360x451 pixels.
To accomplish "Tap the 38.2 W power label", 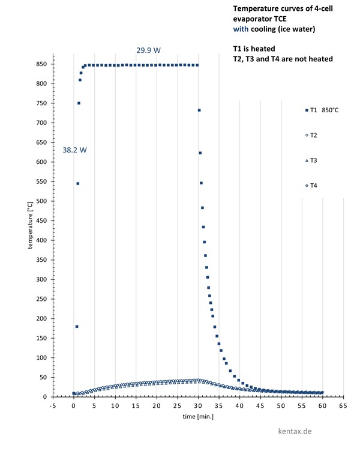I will click(75, 150).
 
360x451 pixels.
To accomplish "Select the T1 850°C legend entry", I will click(322, 110).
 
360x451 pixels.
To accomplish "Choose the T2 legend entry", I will click(311, 135).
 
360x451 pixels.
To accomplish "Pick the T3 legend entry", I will click(311, 160).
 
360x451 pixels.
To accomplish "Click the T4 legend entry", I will click(311, 186).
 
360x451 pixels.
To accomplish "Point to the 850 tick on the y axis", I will click(42, 64).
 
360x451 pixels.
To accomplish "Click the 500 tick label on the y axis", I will click(42, 201).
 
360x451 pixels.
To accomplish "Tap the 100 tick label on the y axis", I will click(42, 358).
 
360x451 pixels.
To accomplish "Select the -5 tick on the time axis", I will click(53, 406).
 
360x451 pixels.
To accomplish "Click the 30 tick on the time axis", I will click(198, 406).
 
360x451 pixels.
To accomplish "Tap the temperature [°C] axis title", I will click(29, 225).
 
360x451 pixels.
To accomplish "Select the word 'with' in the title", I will click(240, 28).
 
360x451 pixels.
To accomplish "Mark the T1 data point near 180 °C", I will click(77, 327).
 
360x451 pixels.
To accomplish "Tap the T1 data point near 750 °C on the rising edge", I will click(79, 103).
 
